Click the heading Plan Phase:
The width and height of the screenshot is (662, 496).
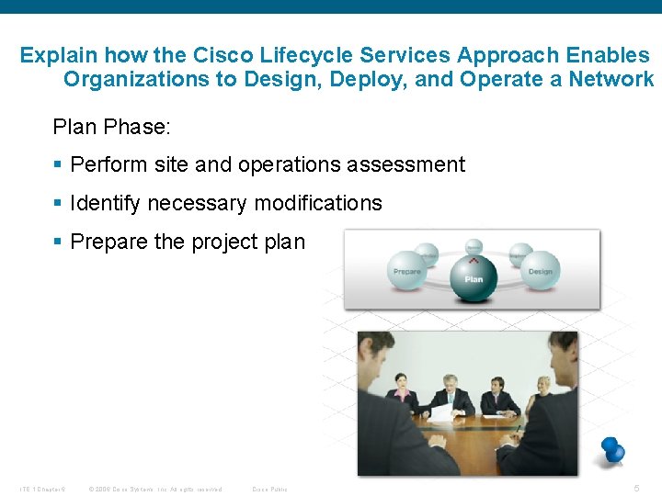tap(112, 127)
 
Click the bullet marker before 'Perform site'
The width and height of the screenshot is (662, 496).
tap(58, 165)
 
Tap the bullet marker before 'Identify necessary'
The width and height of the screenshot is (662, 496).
tap(58, 204)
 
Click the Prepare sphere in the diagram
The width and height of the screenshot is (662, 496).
tap(407, 270)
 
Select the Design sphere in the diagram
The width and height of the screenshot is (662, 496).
tap(540, 270)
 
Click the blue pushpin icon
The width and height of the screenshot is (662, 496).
tap(611, 449)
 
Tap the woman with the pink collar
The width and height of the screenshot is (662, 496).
tap(401, 391)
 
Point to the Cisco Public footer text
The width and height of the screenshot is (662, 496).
tap(269, 489)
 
